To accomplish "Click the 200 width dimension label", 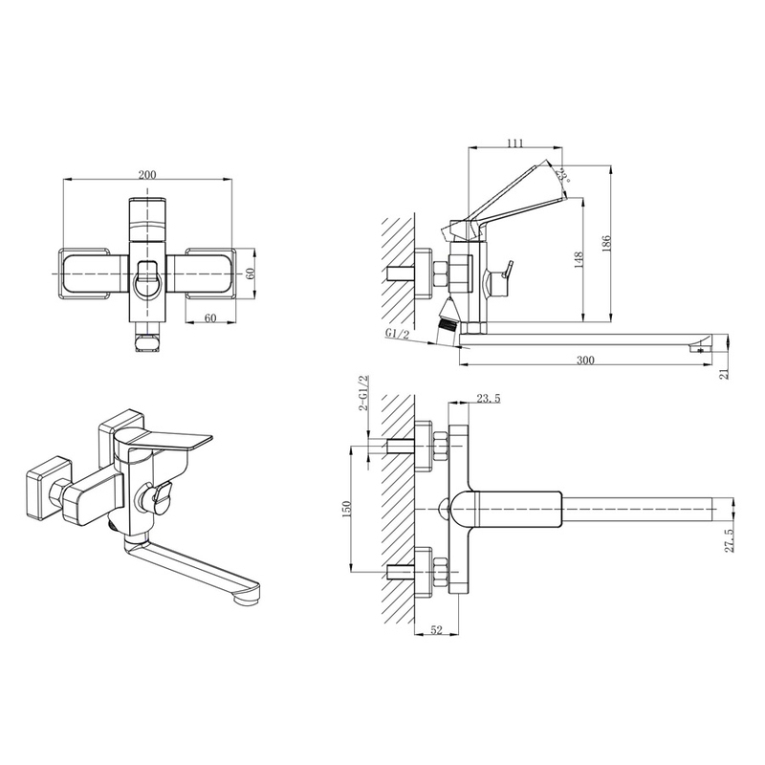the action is (x=147, y=175).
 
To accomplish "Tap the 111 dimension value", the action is (x=514, y=142).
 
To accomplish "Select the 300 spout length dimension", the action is (x=585, y=361).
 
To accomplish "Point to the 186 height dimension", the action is (x=606, y=245).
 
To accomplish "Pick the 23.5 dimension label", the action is (x=489, y=399).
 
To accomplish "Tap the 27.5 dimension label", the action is (x=730, y=540).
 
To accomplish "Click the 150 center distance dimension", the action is (x=347, y=510).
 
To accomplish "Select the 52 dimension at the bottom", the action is (x=436, y=630).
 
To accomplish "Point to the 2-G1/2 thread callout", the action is (x=363, y=393).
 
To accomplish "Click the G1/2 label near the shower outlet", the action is (x=397, y=333).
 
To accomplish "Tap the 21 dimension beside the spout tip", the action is (x=724, y=374).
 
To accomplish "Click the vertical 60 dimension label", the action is (x=251, y=273).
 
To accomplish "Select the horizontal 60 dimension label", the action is (x=210, y=318).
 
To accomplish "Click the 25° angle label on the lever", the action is (x=564, y=175).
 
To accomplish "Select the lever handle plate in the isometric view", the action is (x=165, y=440).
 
